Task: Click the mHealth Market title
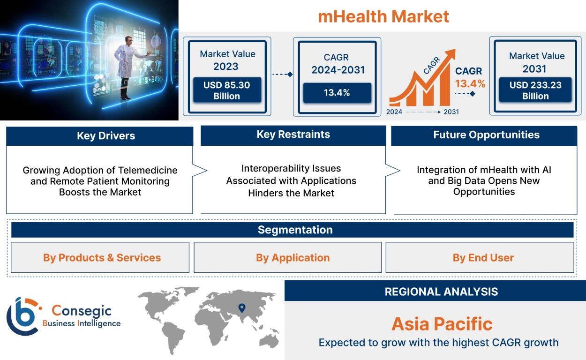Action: pos(383,17)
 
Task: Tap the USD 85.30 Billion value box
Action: pos(226,90)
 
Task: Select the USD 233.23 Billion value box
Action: pos(535,90)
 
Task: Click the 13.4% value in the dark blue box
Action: pos(337,93)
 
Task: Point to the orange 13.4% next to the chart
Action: pos(470,84)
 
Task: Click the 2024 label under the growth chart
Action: pos(394,112)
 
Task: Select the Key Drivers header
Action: pos(100,136)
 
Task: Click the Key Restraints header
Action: pos(293,135)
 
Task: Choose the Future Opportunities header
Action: pos(486,135)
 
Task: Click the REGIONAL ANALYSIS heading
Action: pos(441,292)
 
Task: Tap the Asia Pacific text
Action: pos(442,324)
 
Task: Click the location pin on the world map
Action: pos(242,308)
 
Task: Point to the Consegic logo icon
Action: pos(23,316)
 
